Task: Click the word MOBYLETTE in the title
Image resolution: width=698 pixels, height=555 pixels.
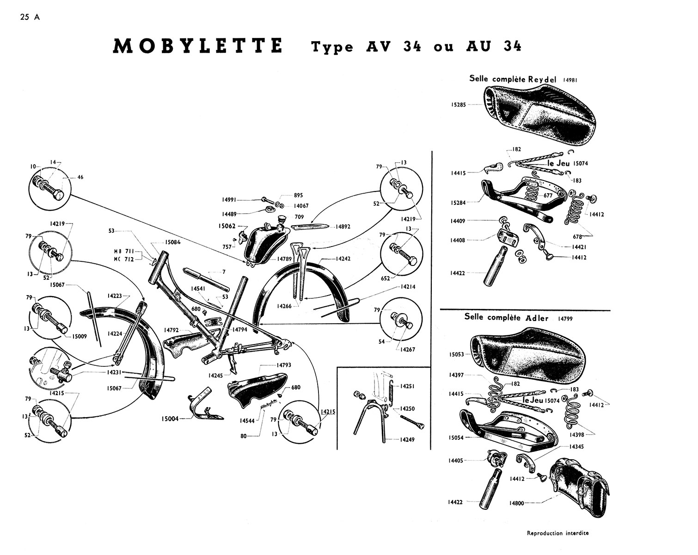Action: tap(197, 46)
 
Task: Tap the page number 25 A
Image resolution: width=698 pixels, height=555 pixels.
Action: tap(30, 17)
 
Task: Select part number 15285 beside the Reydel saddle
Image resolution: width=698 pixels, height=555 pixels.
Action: tap(458, 105)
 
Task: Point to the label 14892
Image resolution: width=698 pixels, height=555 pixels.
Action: tap(343, 227)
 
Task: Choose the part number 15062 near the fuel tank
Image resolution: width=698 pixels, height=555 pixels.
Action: tap(227, 226)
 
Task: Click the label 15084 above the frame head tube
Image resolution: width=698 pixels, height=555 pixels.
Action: tap(173, 242)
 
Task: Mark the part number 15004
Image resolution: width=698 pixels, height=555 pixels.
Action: tap(170, 419)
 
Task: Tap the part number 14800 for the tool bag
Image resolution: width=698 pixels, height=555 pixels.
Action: tap(516, 503)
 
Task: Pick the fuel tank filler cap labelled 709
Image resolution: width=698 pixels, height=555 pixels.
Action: tap(281, 221)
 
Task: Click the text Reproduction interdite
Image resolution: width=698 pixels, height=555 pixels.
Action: tap(557, 533)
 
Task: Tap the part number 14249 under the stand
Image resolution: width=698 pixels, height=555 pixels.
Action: tap(407, 440)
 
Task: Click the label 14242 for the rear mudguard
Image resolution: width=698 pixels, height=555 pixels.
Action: tap(343, 259)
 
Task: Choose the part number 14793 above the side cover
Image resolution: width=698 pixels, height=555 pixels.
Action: tap(284, 365)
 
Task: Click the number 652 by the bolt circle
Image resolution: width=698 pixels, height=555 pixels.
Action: tap(386, 278)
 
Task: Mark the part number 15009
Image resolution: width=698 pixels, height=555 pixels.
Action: tap(80, 336)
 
